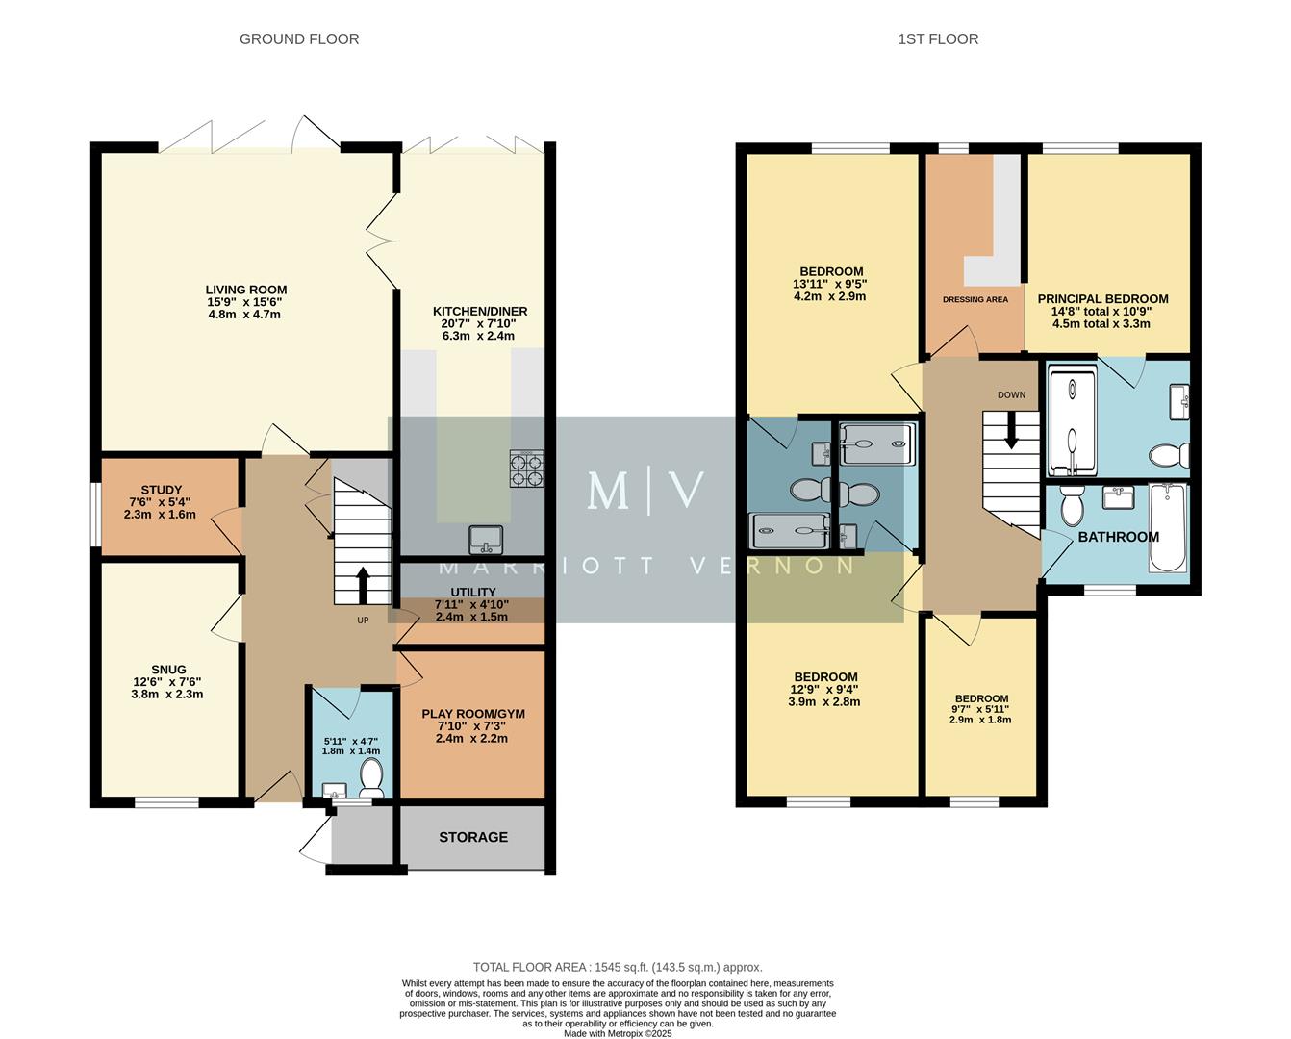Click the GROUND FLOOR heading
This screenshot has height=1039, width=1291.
(x=299, y=39)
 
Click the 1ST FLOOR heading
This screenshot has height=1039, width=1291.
(x=938, y=39)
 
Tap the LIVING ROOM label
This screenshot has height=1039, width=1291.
(x=246, y=290)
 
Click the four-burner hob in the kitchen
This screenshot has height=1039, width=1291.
(x=526, y=469)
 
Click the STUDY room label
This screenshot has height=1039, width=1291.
(x=161, y=490)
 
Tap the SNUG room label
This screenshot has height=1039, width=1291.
(x=168, y=670)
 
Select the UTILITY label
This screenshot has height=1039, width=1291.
(x=473, y=592)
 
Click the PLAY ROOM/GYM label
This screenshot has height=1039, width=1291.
(x=473, y=714)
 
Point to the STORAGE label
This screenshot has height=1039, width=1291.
(x=473, y=837)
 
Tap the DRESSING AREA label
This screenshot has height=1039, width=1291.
(x=975, y=299)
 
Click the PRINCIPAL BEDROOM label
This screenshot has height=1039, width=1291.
(x=1102, y=299)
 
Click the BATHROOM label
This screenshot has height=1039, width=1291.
(x=1118, y=537)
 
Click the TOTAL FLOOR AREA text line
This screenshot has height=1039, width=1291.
(x=617, y=967)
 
